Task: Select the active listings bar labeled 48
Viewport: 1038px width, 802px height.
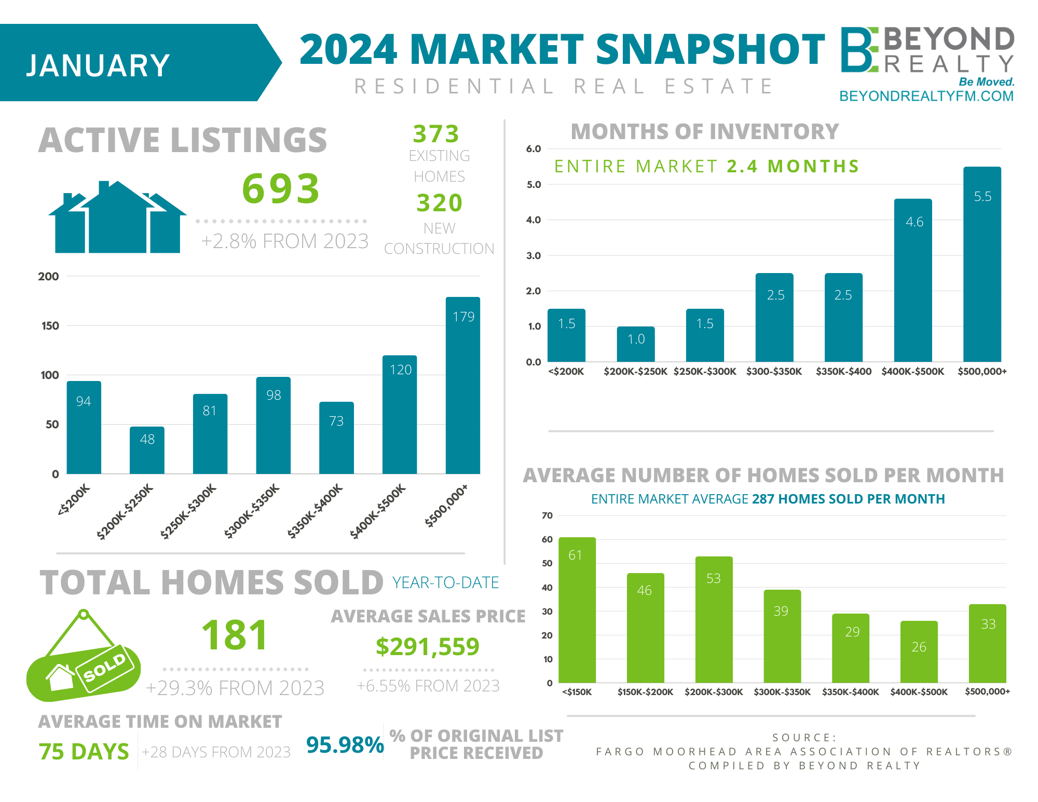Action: click(x=147, y=450)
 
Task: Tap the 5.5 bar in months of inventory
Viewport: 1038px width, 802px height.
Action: click(x=982, y=264)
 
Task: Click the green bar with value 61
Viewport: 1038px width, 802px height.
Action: click(x=577, y=610)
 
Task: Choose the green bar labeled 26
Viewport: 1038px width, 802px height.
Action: click(x=919, y=652)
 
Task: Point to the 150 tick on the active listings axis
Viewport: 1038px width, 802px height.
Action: click(x=50, y=326)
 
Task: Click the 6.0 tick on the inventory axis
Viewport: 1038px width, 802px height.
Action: click(x=533, y=149)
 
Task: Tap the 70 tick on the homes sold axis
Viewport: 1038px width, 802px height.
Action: click(x=547, y=515)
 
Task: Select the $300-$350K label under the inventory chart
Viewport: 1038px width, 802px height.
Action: click(x=774, y=372)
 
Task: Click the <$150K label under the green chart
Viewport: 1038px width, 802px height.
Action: click(x=577, y=692)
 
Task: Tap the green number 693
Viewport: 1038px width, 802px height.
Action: click(x=281, y=188)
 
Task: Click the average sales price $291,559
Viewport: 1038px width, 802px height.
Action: click(x=427, y=647)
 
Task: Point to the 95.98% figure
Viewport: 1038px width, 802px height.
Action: click(x=345, y=745)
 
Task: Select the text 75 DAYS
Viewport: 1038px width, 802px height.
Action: click(x=84, y=752)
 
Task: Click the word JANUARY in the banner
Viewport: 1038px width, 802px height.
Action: click(x=98, y=66)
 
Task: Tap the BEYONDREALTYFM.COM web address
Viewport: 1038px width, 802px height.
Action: click(x=926, y=96)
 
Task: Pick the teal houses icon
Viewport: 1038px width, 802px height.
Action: click(x=117, y=218)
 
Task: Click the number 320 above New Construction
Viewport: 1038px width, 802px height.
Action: click(x=439, y=203)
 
